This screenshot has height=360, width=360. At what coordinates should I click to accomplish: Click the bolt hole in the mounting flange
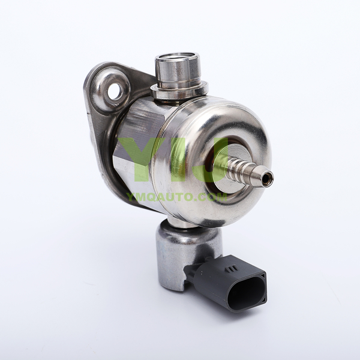115,91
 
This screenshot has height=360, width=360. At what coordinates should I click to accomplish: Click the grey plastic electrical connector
226,283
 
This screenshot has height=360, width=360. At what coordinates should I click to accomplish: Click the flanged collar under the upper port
179,90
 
